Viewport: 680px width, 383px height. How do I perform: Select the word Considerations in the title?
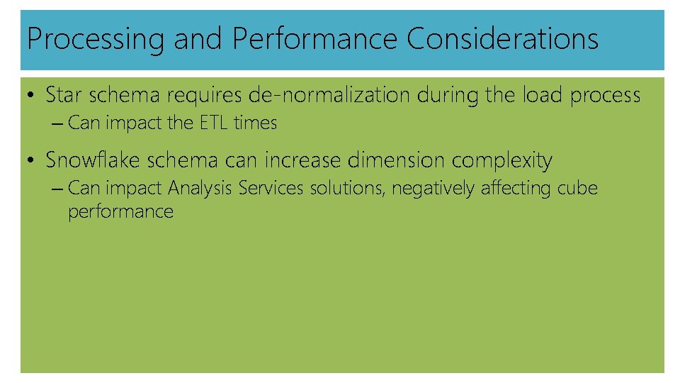pos(502,39)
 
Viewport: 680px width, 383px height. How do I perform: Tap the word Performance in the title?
pos(315,39)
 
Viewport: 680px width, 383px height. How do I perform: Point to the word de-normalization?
pos(330,94)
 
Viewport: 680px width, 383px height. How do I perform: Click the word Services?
pos(272,189)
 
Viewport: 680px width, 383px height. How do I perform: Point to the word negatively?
pos(434,189)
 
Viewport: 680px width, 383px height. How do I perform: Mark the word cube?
pos(578,189)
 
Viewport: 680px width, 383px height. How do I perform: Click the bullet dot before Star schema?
pos(32,95)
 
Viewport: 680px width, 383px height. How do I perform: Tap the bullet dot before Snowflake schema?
pos(32,161)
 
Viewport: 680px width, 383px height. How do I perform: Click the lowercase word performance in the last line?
pos(120,212)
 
